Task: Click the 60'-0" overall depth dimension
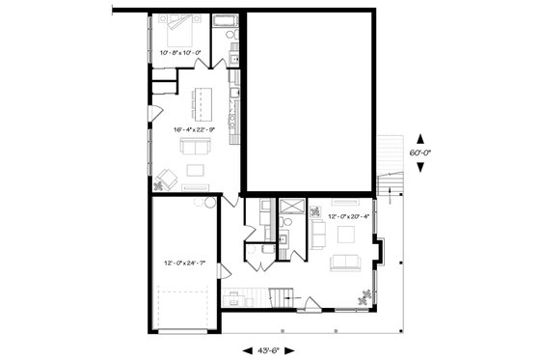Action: coord(419,152)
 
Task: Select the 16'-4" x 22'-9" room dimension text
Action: coord(193,128)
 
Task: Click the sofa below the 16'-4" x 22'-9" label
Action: coord(197,147)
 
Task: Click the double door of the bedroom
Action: coord(203,63)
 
